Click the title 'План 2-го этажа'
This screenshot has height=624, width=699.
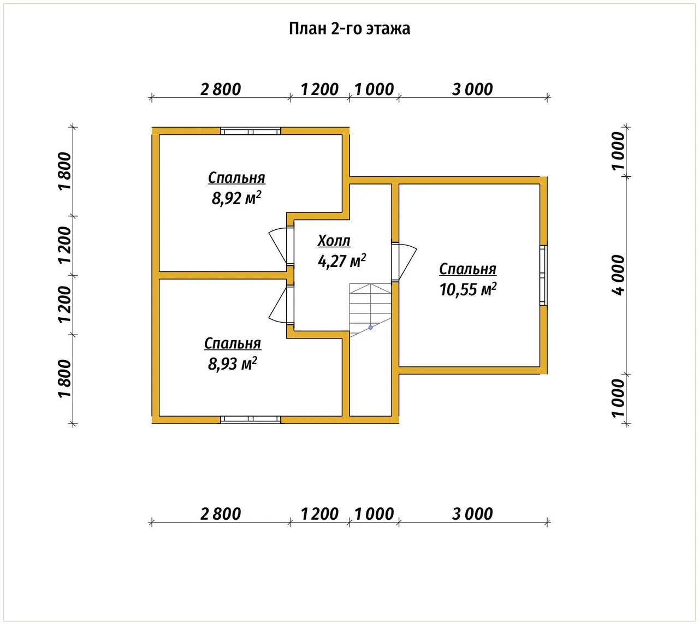pos(349,28)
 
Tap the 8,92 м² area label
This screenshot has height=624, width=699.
pos(236,198)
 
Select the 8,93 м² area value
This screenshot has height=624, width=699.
pos(233,364)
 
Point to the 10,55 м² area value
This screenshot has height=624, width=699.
pos(468,289)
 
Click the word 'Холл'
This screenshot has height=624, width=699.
pos(334,241)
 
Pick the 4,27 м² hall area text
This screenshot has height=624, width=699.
pos(341,261)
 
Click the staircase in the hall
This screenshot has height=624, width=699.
pos(370,310)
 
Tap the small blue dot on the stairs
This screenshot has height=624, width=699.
pos(371,328)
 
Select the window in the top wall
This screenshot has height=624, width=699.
pos(251,131)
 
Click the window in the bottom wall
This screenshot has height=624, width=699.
pos(251,419)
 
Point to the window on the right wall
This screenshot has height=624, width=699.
pos(543,275)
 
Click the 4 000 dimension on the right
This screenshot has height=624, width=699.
pos(618,275)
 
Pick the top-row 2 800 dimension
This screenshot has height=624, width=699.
pos(221,90)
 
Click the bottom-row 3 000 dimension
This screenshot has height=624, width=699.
pos(472,514)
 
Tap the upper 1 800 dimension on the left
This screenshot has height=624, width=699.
pos(64,171)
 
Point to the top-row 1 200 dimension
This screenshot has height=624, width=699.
pos(319,90)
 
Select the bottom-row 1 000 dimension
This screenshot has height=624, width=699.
pos(374,514)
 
